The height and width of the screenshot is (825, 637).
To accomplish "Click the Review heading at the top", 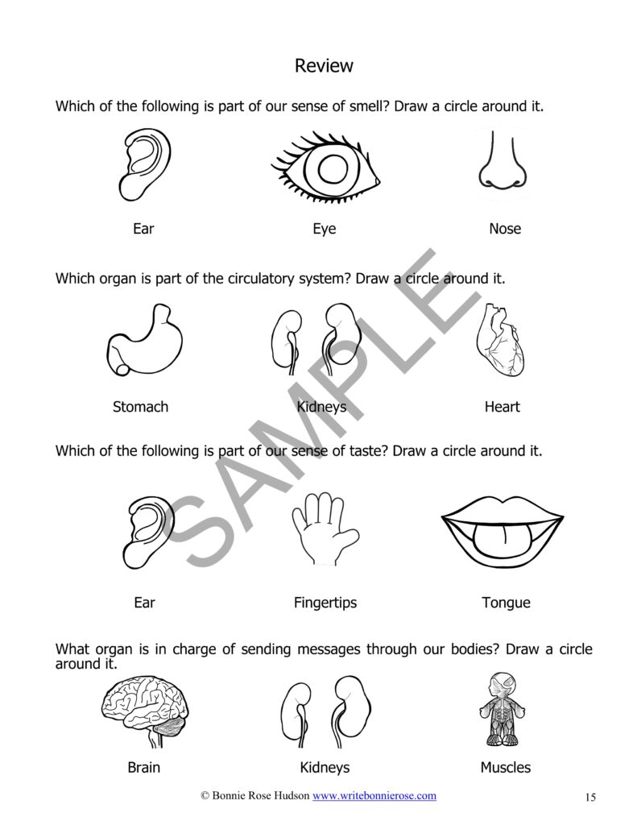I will click(324, 65).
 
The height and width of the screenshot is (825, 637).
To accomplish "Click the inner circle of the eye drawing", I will click(331, 169).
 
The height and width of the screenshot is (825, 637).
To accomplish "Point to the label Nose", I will click(505, 229).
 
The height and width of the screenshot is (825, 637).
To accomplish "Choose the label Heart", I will click(502, 407).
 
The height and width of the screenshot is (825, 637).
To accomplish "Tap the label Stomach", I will click(140, 407).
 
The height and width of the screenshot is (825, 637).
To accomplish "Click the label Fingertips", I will click(325, 603).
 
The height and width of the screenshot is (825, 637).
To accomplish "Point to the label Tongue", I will click(506, 603).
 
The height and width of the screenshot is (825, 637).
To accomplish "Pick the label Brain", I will click(144, 767).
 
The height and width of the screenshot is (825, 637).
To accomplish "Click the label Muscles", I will click(505, 767).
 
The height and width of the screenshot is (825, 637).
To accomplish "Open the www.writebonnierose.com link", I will click(374, 795).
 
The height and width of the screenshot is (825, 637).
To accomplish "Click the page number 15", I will click(590, 798).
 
